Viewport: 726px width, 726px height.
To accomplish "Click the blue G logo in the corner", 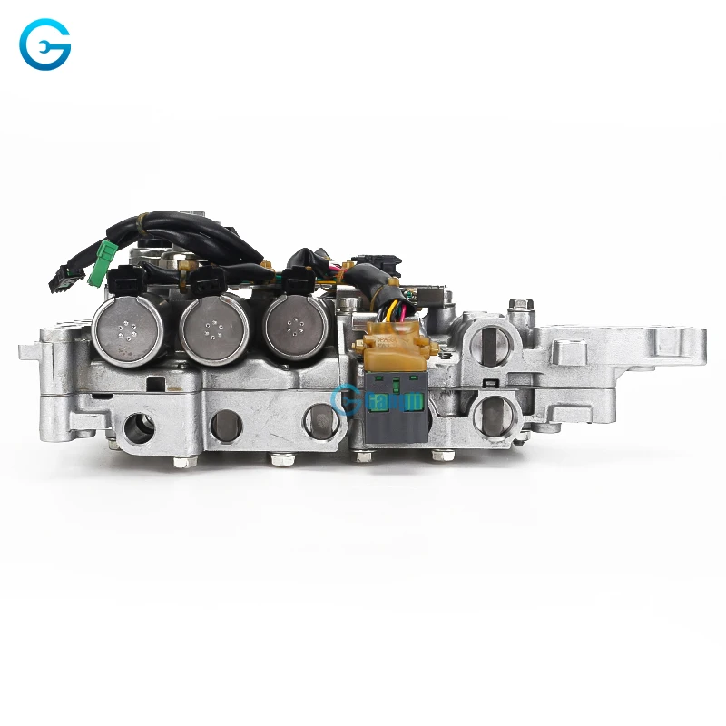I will [45, 46].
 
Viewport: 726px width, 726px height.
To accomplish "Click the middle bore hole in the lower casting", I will [224, 423].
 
